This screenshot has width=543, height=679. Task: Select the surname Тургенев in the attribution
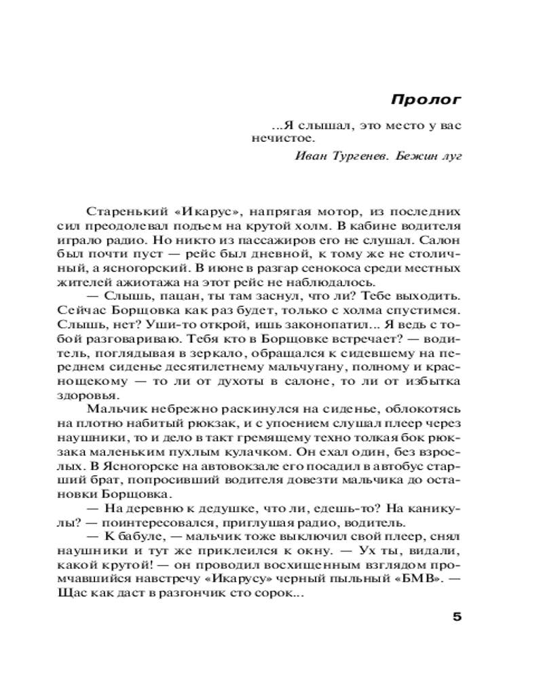click(x=356, y=157)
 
